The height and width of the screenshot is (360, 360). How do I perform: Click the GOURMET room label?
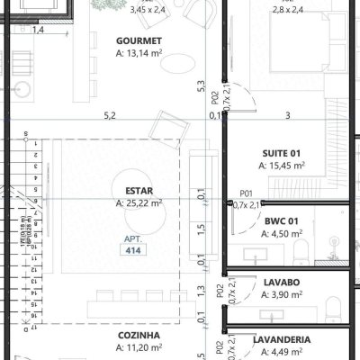click(x=139, y=41)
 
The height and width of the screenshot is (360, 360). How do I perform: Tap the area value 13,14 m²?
click(x=139, y=54)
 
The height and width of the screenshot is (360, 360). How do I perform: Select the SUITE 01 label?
click(x=282, y=152)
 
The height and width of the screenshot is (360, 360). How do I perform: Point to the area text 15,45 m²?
click(x=282, y=166)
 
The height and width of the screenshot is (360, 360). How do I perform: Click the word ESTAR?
click(x=139, y=191)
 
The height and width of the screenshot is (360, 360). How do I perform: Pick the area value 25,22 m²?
click(x=139, y=203)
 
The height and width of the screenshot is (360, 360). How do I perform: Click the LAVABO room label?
click(x=282, y=282)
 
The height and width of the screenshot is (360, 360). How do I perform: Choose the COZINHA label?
click(x=138, y=336)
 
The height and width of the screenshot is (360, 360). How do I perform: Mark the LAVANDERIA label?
click(x=282, y=339)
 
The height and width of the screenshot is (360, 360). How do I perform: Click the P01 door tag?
click(x=246, y=193)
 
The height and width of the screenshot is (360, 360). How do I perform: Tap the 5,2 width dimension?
click(x=110, y=115)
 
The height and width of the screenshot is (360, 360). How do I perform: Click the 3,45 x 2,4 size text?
click(x=148, y=11)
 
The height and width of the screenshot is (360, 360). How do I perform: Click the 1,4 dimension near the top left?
click(x=38, y=30)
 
